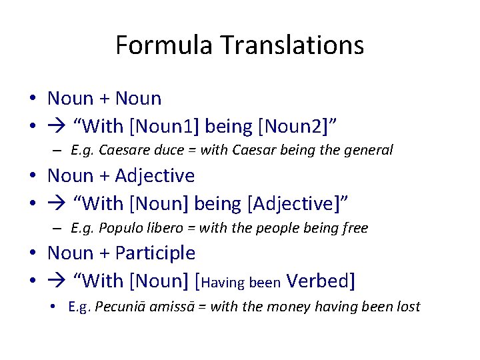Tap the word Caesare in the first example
pos(123,150)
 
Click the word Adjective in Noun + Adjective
pos(155,176)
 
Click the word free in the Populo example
pos(355,228)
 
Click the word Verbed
pos(319,281)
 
